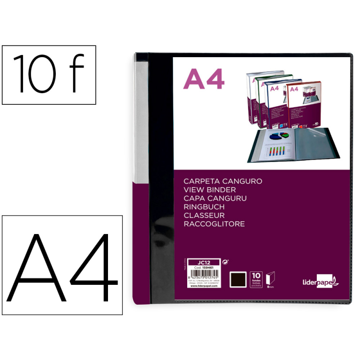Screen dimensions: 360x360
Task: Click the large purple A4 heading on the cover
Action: (204, 80)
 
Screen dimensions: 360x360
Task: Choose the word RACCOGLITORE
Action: (214, 224)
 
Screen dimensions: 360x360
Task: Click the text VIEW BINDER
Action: (210, 189)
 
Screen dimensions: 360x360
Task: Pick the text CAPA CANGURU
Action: (215, 198)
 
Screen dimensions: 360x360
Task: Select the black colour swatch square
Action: (238, 279)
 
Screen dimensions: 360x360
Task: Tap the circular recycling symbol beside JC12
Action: (225, 261)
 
